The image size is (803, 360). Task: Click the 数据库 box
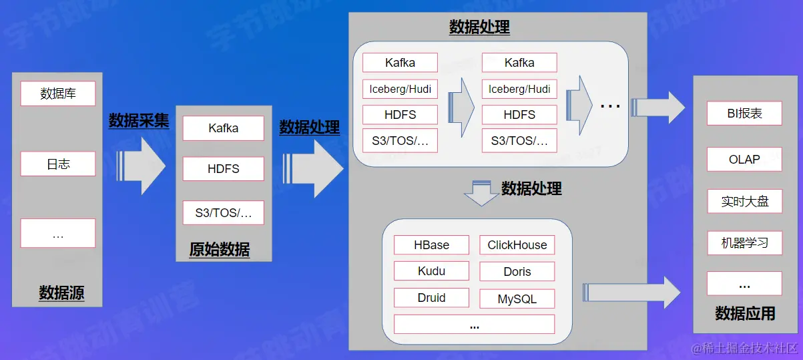point(58,94)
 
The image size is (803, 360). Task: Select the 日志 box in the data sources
point(58,164)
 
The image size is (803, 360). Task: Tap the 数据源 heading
point(61,293)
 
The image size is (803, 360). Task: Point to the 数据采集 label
point(139,121)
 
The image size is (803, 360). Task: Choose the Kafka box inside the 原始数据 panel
point(223,128)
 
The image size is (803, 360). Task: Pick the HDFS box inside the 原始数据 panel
point(223,169)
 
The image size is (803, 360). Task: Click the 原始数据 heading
point(220,250)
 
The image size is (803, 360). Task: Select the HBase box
point(431,245)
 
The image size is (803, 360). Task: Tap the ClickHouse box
point(517,245)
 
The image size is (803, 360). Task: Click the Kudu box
point(431,271)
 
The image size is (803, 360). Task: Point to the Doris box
point(517,272)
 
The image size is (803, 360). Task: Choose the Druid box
point(431,298)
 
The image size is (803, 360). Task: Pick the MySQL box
point(517,299)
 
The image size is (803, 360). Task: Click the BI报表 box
point(744,114)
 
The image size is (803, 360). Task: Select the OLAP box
point(744,160)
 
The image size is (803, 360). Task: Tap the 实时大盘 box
point(744,201)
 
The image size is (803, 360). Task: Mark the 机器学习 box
point(744,243)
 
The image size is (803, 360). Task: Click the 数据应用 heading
point(745,313)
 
